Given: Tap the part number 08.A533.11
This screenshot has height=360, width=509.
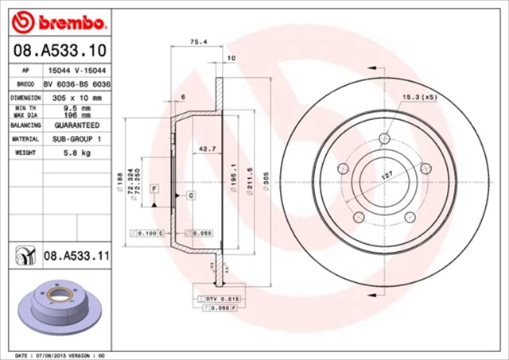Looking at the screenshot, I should (x=76, y=257).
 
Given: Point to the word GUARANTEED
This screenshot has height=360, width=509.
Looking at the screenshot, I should (x=76, y=126).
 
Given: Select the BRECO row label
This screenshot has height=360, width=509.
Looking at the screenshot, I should (x=25, y=83).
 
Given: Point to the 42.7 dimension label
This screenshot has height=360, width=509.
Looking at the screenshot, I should (x=207, y=149).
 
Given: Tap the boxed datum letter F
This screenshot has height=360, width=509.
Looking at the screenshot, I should (x=154, y=188).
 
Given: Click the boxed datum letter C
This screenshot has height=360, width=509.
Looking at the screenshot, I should (x=191, y=195).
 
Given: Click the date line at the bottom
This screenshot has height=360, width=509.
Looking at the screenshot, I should (x=60, y=354).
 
